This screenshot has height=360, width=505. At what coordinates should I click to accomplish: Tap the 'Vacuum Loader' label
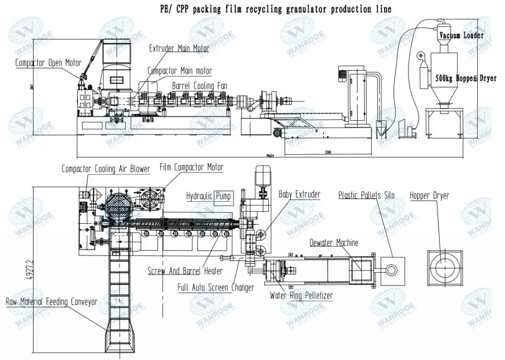pos(462,36)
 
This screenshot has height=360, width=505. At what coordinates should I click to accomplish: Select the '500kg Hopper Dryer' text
pos(466,78)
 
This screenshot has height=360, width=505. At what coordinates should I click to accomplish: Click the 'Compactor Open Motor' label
pos(48,63)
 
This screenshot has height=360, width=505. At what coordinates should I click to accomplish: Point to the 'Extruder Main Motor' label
pos(179,48)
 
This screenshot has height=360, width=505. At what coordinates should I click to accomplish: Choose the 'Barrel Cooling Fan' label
pos(199,86)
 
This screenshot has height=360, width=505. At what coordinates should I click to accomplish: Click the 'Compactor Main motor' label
pos(180,71)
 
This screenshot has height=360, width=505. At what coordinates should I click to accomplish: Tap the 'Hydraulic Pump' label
pos(209,196)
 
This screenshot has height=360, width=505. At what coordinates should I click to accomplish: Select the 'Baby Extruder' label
pos(299,194)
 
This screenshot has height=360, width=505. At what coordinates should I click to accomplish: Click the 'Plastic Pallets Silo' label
pos(366,195)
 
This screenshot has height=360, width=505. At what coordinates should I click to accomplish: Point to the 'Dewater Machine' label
pos(334,243)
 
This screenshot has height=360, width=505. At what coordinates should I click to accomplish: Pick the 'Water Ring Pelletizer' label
pos(301,296)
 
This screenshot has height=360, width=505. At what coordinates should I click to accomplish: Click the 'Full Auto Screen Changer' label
pos(216,287)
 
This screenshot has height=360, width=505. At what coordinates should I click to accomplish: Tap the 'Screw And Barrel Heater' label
pos(185,271)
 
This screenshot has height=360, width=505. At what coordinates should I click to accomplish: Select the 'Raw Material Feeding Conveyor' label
pos(51,301)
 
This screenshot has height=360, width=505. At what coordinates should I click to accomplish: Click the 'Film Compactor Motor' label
pos(191,167)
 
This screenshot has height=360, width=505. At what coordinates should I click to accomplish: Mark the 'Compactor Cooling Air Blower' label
pos(106,169)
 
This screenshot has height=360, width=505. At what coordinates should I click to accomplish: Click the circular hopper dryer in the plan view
pos(444,269)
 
